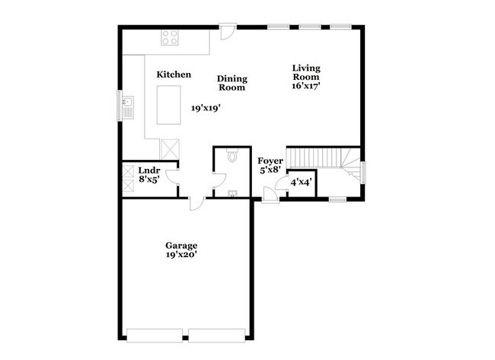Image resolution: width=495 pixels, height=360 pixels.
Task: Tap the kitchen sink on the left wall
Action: [x=127, y=104]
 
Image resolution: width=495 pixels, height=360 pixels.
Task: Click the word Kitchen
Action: [x=174, y=75]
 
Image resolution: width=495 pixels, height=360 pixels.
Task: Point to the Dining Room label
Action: [x=232, y=83]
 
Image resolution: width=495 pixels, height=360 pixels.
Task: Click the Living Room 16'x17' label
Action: [x=306, y=77]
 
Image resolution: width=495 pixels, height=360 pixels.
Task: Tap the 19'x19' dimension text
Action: [x=206, y=109]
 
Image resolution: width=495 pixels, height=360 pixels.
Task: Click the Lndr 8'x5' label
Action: [x=148, y=175]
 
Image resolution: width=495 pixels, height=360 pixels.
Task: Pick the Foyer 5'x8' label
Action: [x=270, y=166]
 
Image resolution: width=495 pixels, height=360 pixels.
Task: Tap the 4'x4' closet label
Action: [x=302, y=183]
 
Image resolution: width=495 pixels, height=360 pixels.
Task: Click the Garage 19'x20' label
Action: [x=181, y=250]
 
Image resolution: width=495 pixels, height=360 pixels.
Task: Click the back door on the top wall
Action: [x=227, y=32]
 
